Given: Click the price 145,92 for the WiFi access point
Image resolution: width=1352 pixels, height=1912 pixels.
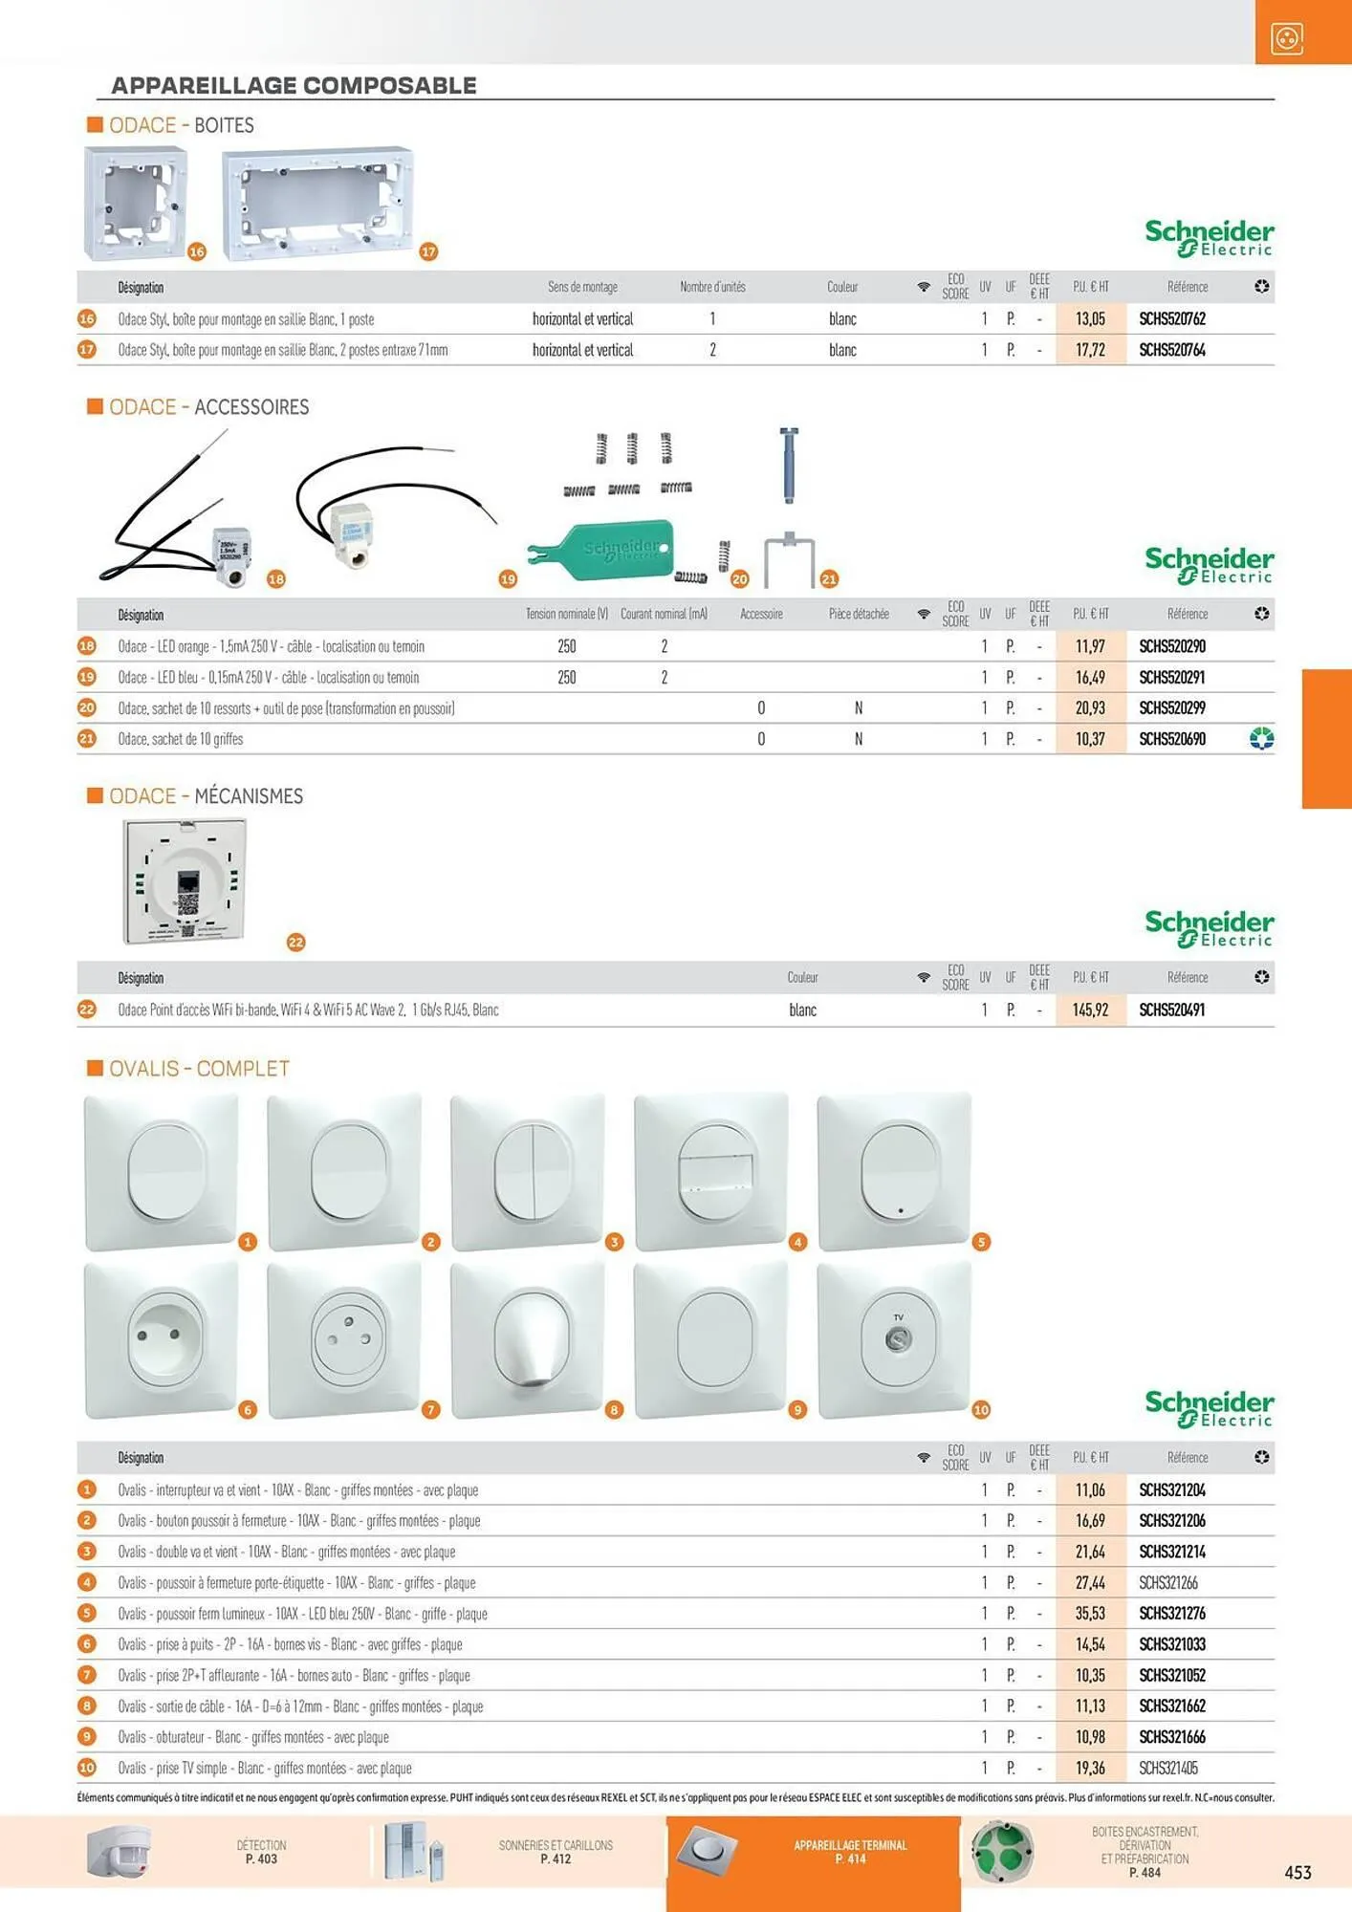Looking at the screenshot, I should [1090, 1010].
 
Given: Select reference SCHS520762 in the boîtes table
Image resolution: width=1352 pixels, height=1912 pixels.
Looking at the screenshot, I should [1171, 319].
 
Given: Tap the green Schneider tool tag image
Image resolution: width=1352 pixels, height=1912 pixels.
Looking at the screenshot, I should [602, 551].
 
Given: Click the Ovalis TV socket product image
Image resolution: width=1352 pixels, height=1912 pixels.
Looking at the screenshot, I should [895, 1339].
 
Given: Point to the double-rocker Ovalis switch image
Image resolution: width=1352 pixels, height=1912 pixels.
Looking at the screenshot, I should [528, 1171].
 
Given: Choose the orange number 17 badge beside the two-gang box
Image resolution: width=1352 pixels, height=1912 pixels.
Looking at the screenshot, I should [428, 251].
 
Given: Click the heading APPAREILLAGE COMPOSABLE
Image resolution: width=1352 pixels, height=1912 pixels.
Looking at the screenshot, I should [294, 85].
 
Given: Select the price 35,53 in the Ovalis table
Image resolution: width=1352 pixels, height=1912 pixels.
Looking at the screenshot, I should [1090, 1614].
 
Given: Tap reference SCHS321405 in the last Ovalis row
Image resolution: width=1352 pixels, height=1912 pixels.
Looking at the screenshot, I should [1167, 1769].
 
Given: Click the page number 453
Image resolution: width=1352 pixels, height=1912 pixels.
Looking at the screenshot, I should [1297, 1873].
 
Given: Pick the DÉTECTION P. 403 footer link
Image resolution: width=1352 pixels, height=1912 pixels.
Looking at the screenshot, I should [261, 1852].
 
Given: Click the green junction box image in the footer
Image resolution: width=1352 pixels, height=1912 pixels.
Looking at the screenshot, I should [1001, 1852].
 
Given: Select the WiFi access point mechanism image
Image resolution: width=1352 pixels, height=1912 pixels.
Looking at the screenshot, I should [185, 881].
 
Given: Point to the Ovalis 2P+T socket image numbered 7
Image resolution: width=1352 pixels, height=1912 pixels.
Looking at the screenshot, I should [345, 1339].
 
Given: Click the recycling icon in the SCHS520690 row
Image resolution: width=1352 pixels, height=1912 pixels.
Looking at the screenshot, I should [1261, 739].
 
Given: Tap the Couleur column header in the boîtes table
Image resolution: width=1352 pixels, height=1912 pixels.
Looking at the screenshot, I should [841, 287].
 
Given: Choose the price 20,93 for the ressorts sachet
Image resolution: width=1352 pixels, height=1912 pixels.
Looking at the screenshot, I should [1090, 708].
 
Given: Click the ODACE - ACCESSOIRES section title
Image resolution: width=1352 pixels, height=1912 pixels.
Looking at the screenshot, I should [208, 407].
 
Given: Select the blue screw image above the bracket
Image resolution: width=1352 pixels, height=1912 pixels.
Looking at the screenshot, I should [788, 465].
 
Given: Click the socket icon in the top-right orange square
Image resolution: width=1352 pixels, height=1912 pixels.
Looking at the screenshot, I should [1287, 39].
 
